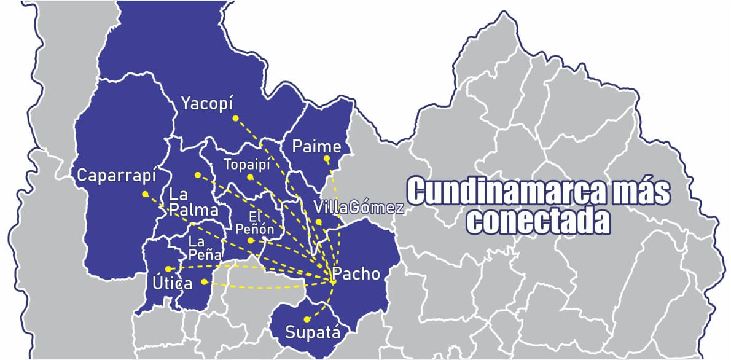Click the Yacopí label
(208, 104)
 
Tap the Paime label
(316, 147)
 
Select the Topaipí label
(247, 165)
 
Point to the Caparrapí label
(117, 176)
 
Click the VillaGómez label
(358, 207)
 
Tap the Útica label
(173, 284)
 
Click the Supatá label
(312, 333)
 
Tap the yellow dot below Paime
(327, 160)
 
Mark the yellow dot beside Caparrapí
(145, 194)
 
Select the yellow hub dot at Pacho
(332, 281)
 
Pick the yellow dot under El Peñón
(251, 241)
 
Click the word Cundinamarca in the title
(499, 192)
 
